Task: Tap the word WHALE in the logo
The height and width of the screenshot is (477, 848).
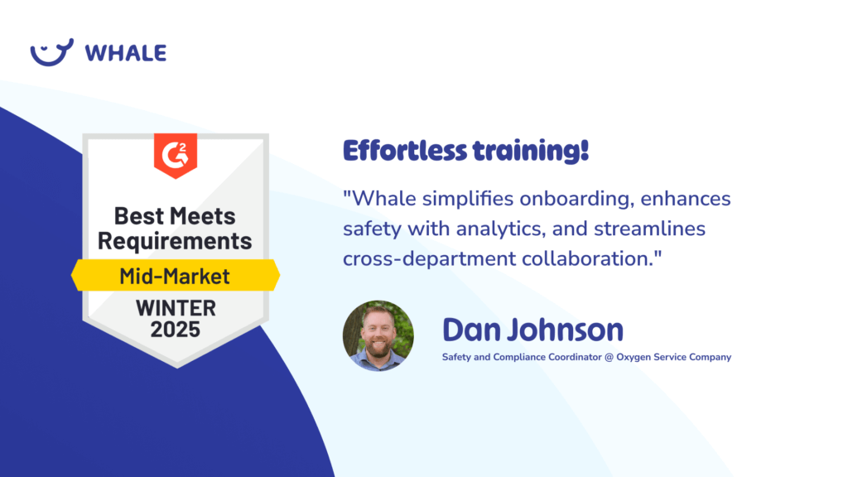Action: point(126,53)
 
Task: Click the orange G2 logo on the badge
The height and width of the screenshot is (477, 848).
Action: point(176,155)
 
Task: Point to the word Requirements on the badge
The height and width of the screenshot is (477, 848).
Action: point(175,241)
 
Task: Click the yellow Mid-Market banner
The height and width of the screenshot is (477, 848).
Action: point(176,275)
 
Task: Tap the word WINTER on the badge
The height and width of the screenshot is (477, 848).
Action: point(176,308)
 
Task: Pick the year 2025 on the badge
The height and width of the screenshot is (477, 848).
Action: point(176,330)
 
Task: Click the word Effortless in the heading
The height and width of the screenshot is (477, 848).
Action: point(404,151)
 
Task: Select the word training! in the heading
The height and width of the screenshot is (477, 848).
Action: point(531,151)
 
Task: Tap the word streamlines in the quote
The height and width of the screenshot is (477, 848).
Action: point(649,229)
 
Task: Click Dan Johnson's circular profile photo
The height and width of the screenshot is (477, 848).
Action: point(378,336)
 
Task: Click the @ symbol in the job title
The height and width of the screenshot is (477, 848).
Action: point(609,358)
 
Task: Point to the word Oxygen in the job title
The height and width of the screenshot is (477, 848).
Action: point(634,358)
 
